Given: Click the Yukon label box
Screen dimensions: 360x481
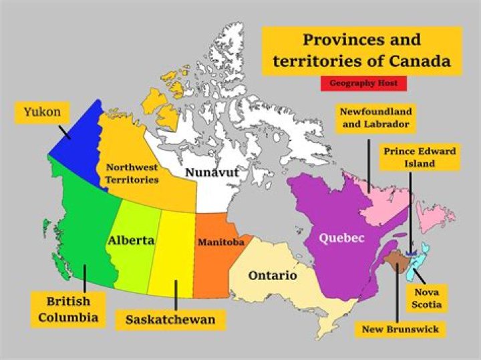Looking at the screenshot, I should coord(41,112).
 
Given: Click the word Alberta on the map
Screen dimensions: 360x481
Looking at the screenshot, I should coord(132,240).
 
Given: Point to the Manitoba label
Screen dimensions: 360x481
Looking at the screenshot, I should coord(220,242).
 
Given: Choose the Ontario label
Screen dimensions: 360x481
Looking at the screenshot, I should coord(273,275).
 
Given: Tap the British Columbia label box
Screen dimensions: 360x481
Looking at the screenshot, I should coord(67,309).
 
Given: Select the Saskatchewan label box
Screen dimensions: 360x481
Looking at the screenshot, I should coord(170,320).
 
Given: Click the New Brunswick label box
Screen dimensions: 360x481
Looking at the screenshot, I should coord(399,329).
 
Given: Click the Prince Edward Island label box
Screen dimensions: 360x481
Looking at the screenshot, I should coord(419,158).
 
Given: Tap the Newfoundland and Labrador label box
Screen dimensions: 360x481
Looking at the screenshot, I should coord(374,118).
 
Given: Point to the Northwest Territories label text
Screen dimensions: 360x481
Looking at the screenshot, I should coord(132,174).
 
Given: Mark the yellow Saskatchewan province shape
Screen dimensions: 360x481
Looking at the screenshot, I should coord(170,254).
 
